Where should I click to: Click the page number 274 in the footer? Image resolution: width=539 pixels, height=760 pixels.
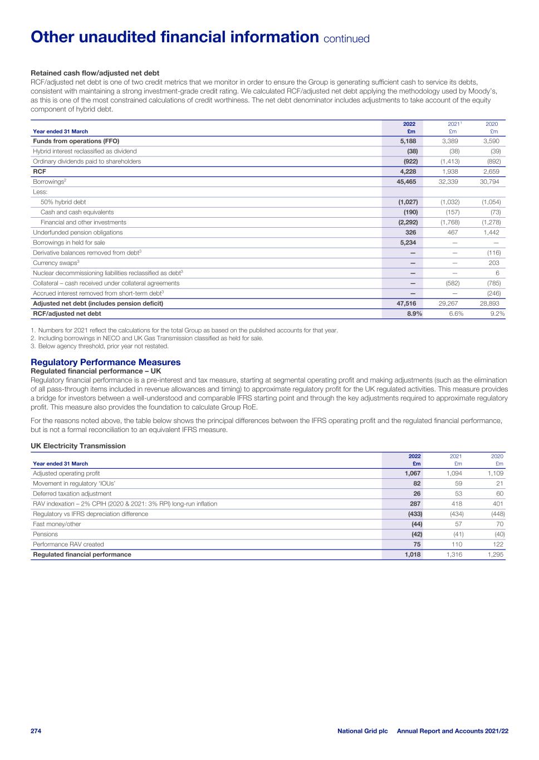tap(36, 730)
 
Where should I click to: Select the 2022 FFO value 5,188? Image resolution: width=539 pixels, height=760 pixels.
tap(406, 141)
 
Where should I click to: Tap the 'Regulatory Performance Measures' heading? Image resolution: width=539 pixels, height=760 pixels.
tap(106, 362)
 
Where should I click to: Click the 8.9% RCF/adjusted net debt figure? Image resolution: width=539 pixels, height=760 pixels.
tap(412, 313)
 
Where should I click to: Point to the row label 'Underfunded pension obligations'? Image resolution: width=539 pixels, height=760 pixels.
tap(77, 232)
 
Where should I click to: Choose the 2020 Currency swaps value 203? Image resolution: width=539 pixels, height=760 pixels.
tap(493, 263)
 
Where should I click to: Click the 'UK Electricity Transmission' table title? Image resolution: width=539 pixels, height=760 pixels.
tap(78, 446)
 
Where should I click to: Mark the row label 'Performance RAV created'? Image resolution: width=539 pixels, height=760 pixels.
tap(68, 544)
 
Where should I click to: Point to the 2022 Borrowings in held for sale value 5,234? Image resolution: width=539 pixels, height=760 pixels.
tap(406, 242)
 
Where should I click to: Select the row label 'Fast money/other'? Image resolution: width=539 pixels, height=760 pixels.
tap(57, 524)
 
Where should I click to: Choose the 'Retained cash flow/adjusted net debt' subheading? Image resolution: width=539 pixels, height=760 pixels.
tap(95, 73)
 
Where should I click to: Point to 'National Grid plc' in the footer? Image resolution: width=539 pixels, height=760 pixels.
tap(362, 730)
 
